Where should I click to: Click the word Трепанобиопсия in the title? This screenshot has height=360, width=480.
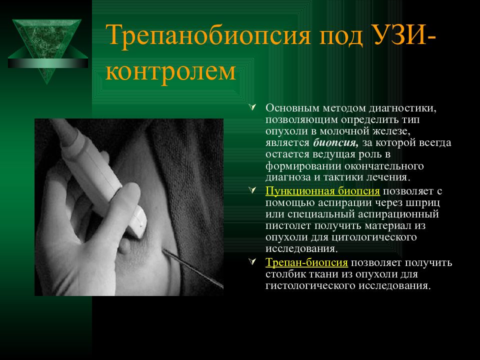(x=208, y=35)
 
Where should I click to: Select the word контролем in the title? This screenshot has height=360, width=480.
(x=170, y=72)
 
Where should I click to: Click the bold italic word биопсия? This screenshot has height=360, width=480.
(x=335, y=143)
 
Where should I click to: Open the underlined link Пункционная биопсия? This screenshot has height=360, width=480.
(x=322, y=191)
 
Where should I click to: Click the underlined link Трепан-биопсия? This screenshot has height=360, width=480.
(x=306, y=262)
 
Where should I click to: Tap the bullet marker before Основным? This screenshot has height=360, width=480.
(x=252, y=107)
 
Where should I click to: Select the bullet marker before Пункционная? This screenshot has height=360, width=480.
(x=252, y=190)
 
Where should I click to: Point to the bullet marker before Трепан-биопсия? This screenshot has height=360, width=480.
(x=252, y=262)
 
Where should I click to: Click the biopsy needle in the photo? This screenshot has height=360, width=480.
(x=193, y=269)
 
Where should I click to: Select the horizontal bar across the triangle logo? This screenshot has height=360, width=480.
(x=48, y=63)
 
